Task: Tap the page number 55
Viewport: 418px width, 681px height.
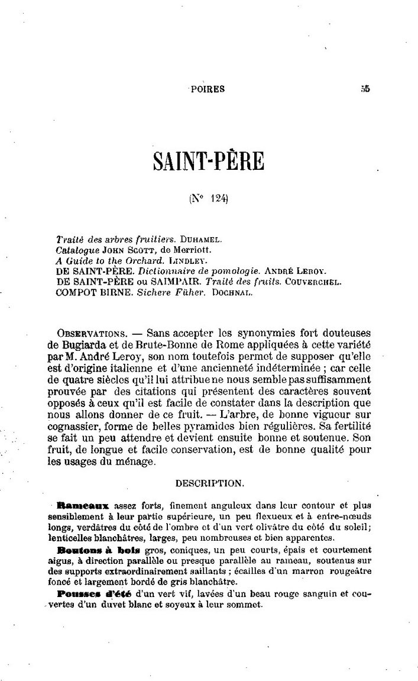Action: pos(365,89)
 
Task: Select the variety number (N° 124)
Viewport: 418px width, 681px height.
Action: pos(209,200)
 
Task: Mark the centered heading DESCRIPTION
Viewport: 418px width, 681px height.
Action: pos(209,483)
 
